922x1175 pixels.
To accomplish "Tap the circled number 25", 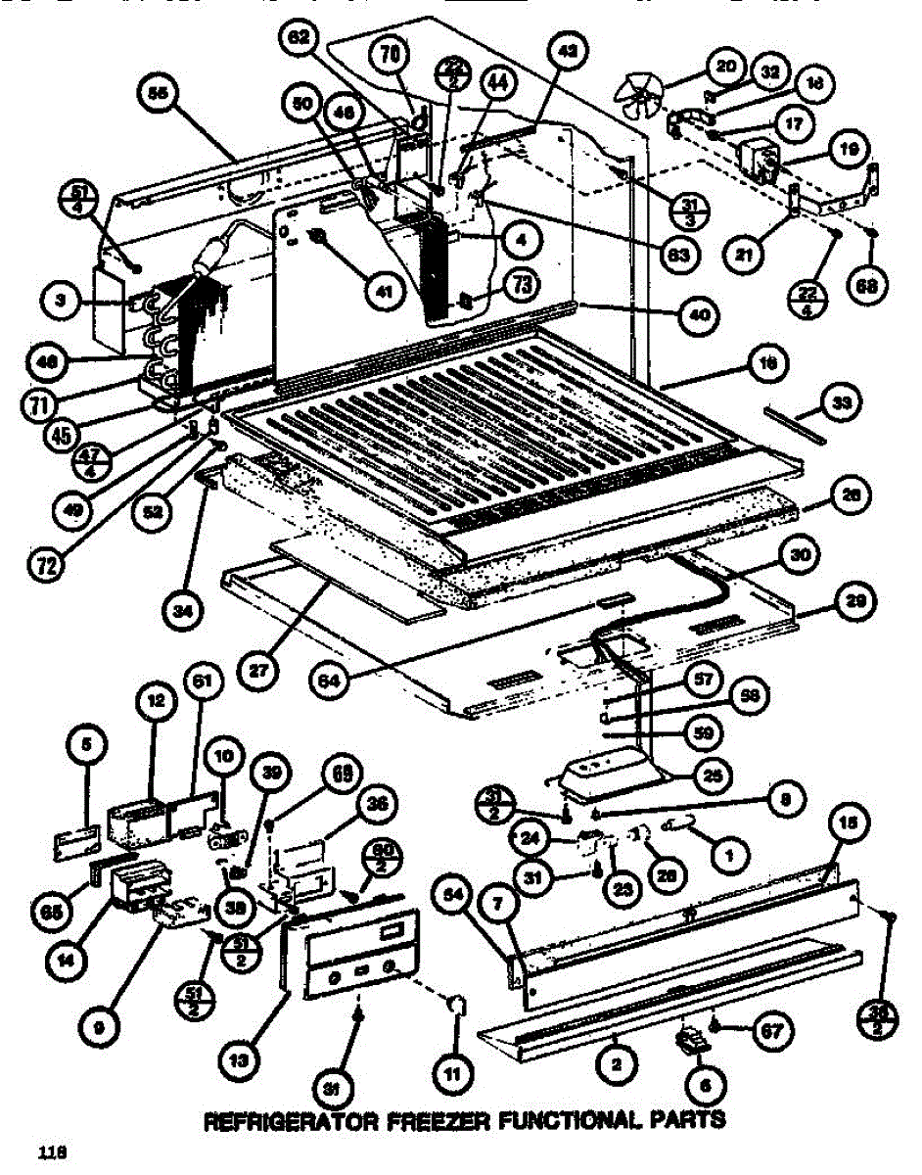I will click(x=716, y=776).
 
